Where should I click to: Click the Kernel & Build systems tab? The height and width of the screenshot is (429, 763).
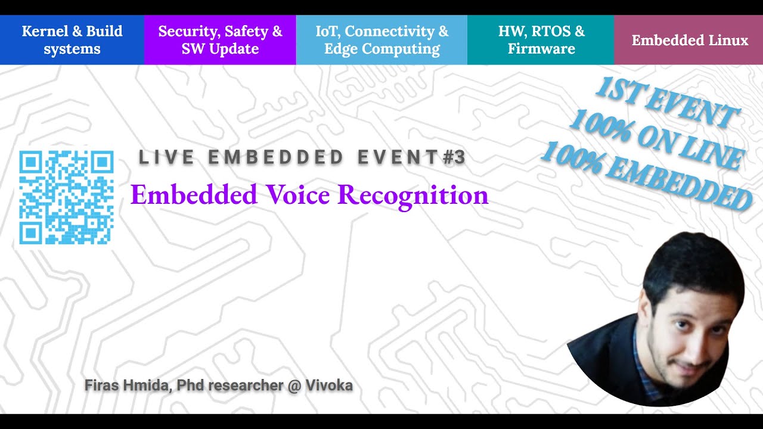[72, 40]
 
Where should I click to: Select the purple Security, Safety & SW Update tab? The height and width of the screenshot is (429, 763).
[220, 40]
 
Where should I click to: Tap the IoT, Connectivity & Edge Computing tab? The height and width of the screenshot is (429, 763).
[381, 40]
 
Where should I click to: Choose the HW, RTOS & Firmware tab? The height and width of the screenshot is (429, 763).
[541, 40]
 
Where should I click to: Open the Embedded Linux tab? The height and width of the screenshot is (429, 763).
[689, 41]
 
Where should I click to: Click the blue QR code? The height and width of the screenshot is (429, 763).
[66, 197]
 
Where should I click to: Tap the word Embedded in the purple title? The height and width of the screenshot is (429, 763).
[194, 195]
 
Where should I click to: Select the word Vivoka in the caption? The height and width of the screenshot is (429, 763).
[328, 385]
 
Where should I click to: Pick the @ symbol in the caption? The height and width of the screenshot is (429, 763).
[293, 385]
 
